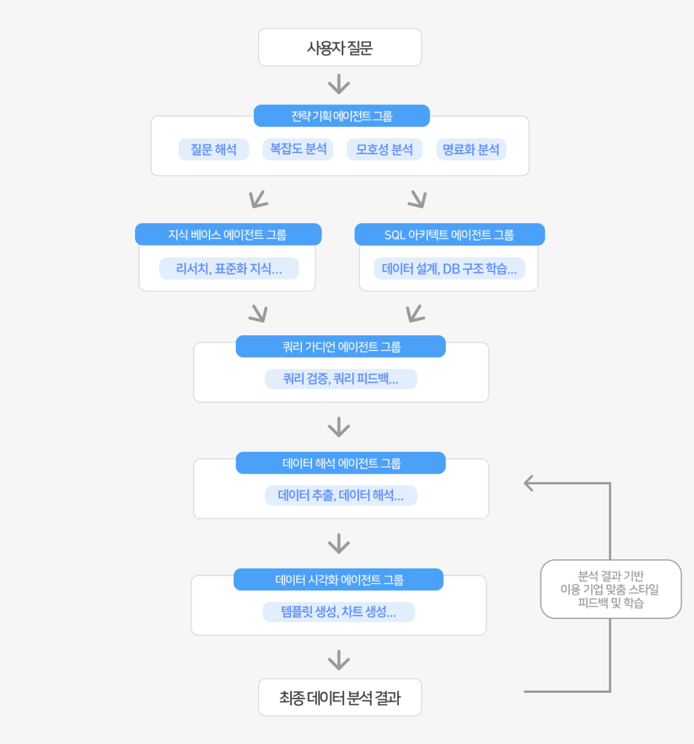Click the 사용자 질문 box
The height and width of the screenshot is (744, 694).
(x=340, y=48)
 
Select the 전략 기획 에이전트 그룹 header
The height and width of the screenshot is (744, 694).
(x=342, y=116)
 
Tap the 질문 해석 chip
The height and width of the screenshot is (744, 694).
(x=214, y=150)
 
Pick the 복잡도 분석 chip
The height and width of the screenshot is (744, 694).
(x=298, y=150)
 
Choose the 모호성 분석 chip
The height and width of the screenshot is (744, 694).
(x=385, y=150)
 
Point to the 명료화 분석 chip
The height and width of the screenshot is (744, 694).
(x=471, y=150)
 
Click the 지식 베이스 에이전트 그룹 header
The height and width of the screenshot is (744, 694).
(x=228, y=234)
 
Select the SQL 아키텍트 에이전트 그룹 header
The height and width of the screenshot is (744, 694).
(x=449, y=234)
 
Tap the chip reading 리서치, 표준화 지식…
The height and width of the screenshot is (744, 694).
(x=229, y=268)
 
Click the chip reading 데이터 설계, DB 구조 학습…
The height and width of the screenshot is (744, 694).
(x=449, y=268)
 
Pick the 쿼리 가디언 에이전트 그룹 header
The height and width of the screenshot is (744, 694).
(x=340, y=346)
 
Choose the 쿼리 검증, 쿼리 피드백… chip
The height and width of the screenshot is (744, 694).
(x=341, y=379)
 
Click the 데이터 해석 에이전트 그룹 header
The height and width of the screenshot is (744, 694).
(x=340, y=463)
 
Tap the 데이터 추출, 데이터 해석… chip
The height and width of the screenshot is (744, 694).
(x=341, y=495)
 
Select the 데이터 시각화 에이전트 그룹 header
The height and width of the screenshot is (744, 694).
(x=338, y=580)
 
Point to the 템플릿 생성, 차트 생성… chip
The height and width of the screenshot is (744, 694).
(x=339, y=612)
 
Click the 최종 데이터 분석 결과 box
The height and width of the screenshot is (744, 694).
(x=340, y=697)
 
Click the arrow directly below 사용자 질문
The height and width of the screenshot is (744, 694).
(x=339, y=84)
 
